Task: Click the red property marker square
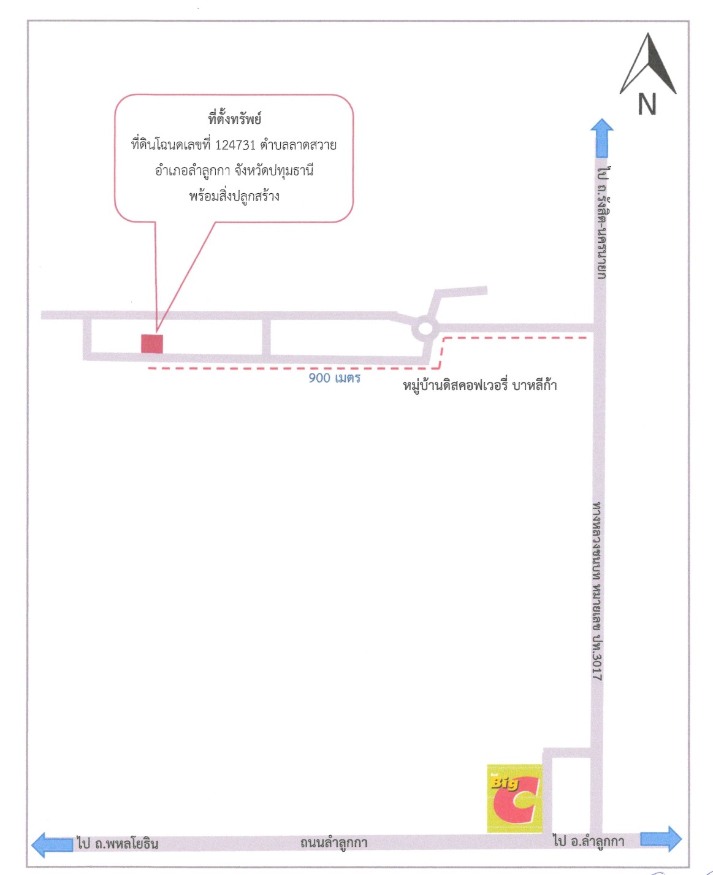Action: point(152,344)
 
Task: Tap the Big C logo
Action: point(514,798)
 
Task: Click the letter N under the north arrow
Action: point(647,104)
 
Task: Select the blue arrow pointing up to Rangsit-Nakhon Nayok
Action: point(601,138)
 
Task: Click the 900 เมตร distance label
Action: point(334,378)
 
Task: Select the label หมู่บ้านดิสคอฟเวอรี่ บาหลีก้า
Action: point(479,386)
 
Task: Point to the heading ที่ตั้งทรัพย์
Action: point(235,119)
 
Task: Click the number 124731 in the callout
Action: point(235,145)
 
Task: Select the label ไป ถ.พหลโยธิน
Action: point(118,844)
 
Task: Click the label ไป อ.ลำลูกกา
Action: point(589,841)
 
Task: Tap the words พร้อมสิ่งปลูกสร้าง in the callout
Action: point(234,196)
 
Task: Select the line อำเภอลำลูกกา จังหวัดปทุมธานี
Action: point(234,170)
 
